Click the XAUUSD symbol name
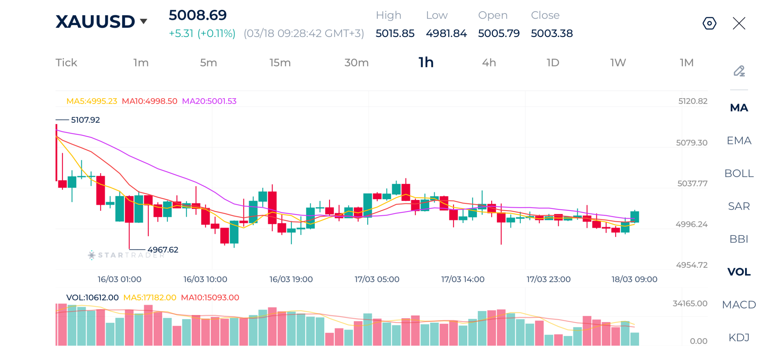click(x=95, y=22)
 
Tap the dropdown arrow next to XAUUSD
click(x=143, y=21)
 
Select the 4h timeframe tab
click(x=488, y=63)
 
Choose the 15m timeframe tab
click(x=280, y=63)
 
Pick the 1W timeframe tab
click(x=618, y=63)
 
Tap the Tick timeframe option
click(x=66, y=63)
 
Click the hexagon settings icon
click(x=709, y=24)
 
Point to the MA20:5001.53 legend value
click(x=209, y=101)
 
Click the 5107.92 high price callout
click(x=85, y=120)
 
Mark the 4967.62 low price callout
click(x=162, y=250)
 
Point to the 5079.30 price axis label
click(x=691, y=143)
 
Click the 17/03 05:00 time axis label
click(x=377, y=279)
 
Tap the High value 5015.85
click(x=395, y=33)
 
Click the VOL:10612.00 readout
click(x=92, y=298)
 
